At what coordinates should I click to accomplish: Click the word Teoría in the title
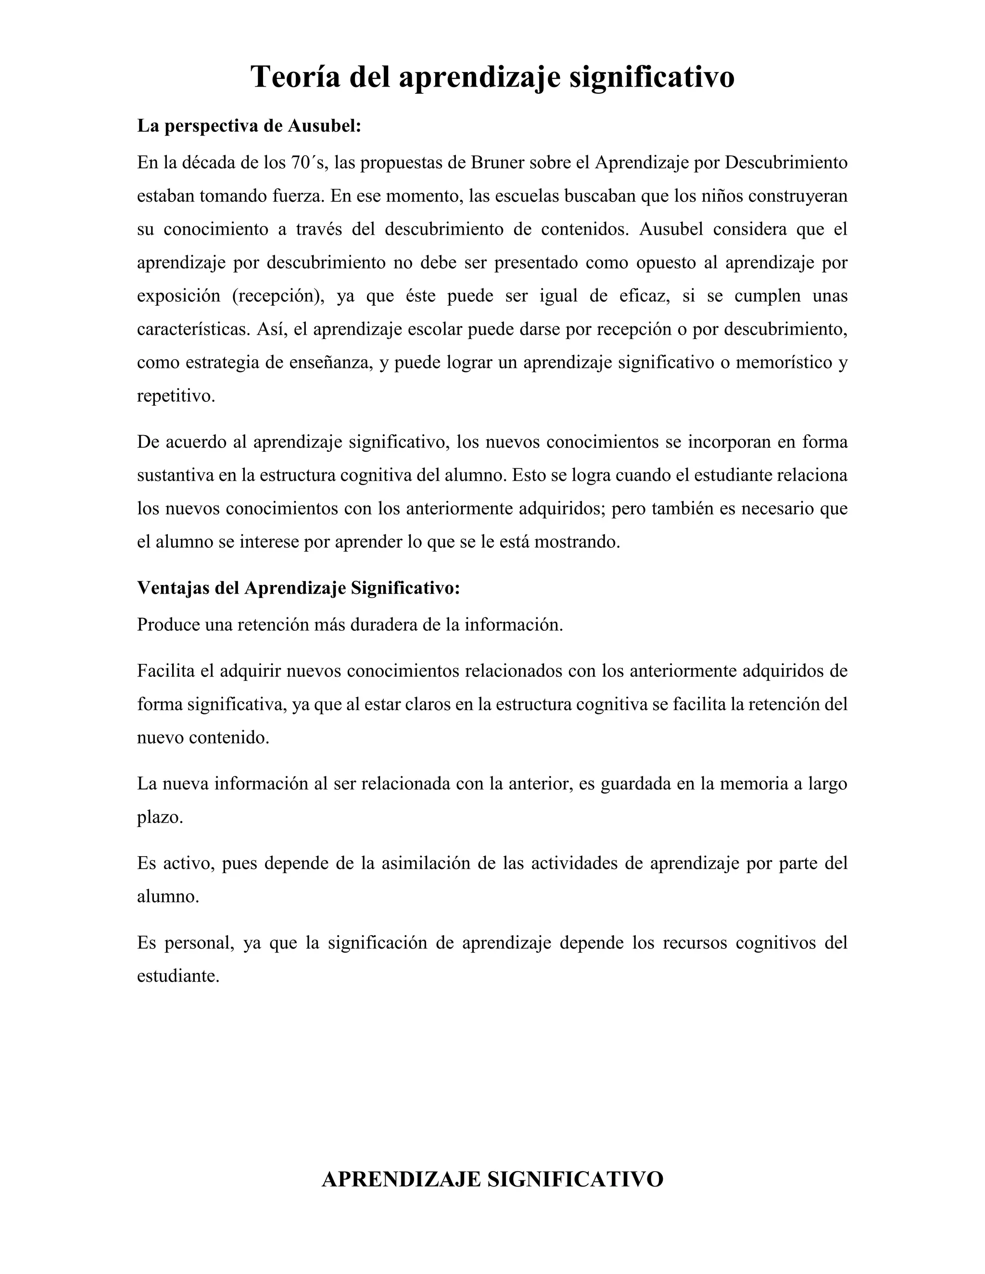coord(295,77)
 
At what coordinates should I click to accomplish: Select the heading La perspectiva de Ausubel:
coord(249,126)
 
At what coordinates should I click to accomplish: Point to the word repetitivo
coord(176,396)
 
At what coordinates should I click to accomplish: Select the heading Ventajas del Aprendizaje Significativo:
coord(299,588)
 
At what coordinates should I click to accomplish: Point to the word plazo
coord(160,817)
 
